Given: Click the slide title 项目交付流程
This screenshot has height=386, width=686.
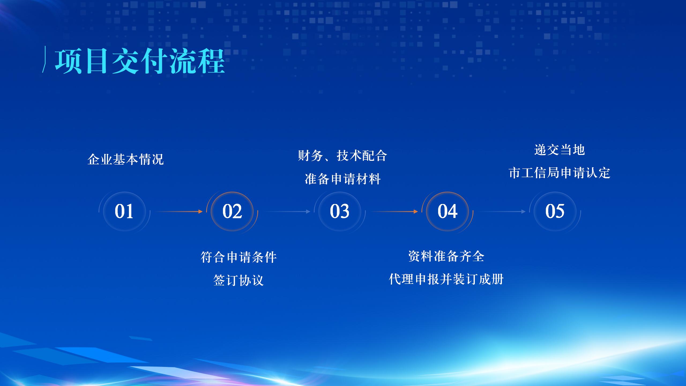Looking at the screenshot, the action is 140,61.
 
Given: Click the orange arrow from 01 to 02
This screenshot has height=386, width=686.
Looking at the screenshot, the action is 179,212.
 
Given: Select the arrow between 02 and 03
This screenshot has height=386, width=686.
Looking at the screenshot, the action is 287,212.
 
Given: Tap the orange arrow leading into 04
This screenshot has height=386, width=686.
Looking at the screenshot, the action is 394,212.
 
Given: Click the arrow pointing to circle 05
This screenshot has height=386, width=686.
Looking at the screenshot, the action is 502,212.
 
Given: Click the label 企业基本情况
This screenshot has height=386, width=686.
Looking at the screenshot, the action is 125,159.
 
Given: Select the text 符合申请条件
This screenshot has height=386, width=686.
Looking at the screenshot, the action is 238,257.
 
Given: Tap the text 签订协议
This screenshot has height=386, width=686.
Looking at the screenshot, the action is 238,280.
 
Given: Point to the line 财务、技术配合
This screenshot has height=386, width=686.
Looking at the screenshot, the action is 342,156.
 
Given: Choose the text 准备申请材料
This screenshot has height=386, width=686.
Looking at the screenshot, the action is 343,179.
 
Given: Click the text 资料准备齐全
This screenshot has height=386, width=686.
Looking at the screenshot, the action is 446,256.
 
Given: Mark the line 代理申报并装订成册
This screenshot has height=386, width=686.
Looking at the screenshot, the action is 446,279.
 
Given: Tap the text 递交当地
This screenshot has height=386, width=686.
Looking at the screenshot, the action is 560,150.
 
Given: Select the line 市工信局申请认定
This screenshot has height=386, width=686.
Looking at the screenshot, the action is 560,173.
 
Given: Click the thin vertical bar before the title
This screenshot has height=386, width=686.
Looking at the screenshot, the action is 44,59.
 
